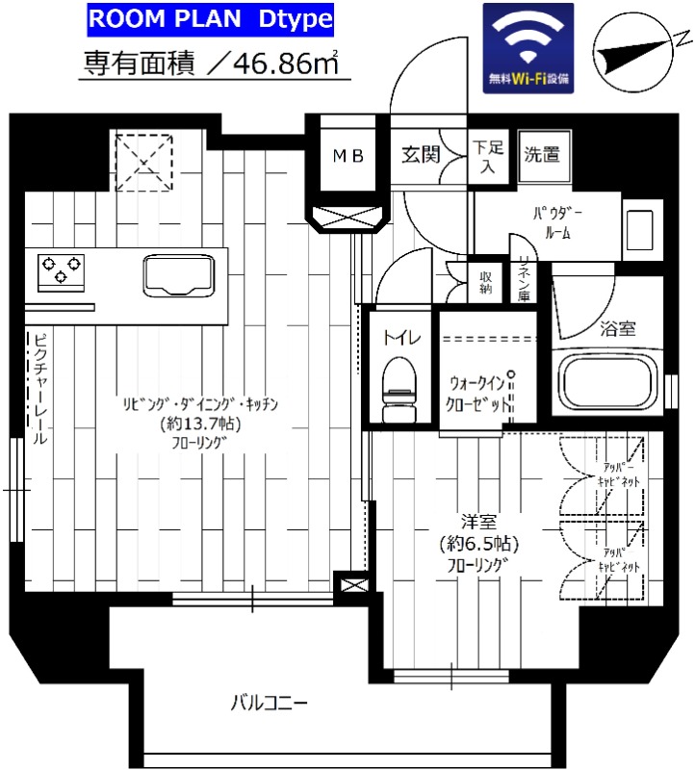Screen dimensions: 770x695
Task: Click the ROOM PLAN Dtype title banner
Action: (x=211, y=18)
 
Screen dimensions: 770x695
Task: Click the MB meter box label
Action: (x=348, y=156)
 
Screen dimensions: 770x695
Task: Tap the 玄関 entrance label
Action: (x=422, y=154)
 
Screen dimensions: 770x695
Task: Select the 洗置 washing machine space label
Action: (x=541, y=154)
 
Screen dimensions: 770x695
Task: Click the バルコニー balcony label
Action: (x=269, y=703)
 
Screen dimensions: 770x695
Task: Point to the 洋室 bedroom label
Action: (x=477, y=523)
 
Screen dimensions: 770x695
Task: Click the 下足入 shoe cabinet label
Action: (x=487, y=158)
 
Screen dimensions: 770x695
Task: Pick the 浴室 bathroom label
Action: (x=617, y=328)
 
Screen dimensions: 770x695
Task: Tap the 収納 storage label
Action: (x=486, y=281)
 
